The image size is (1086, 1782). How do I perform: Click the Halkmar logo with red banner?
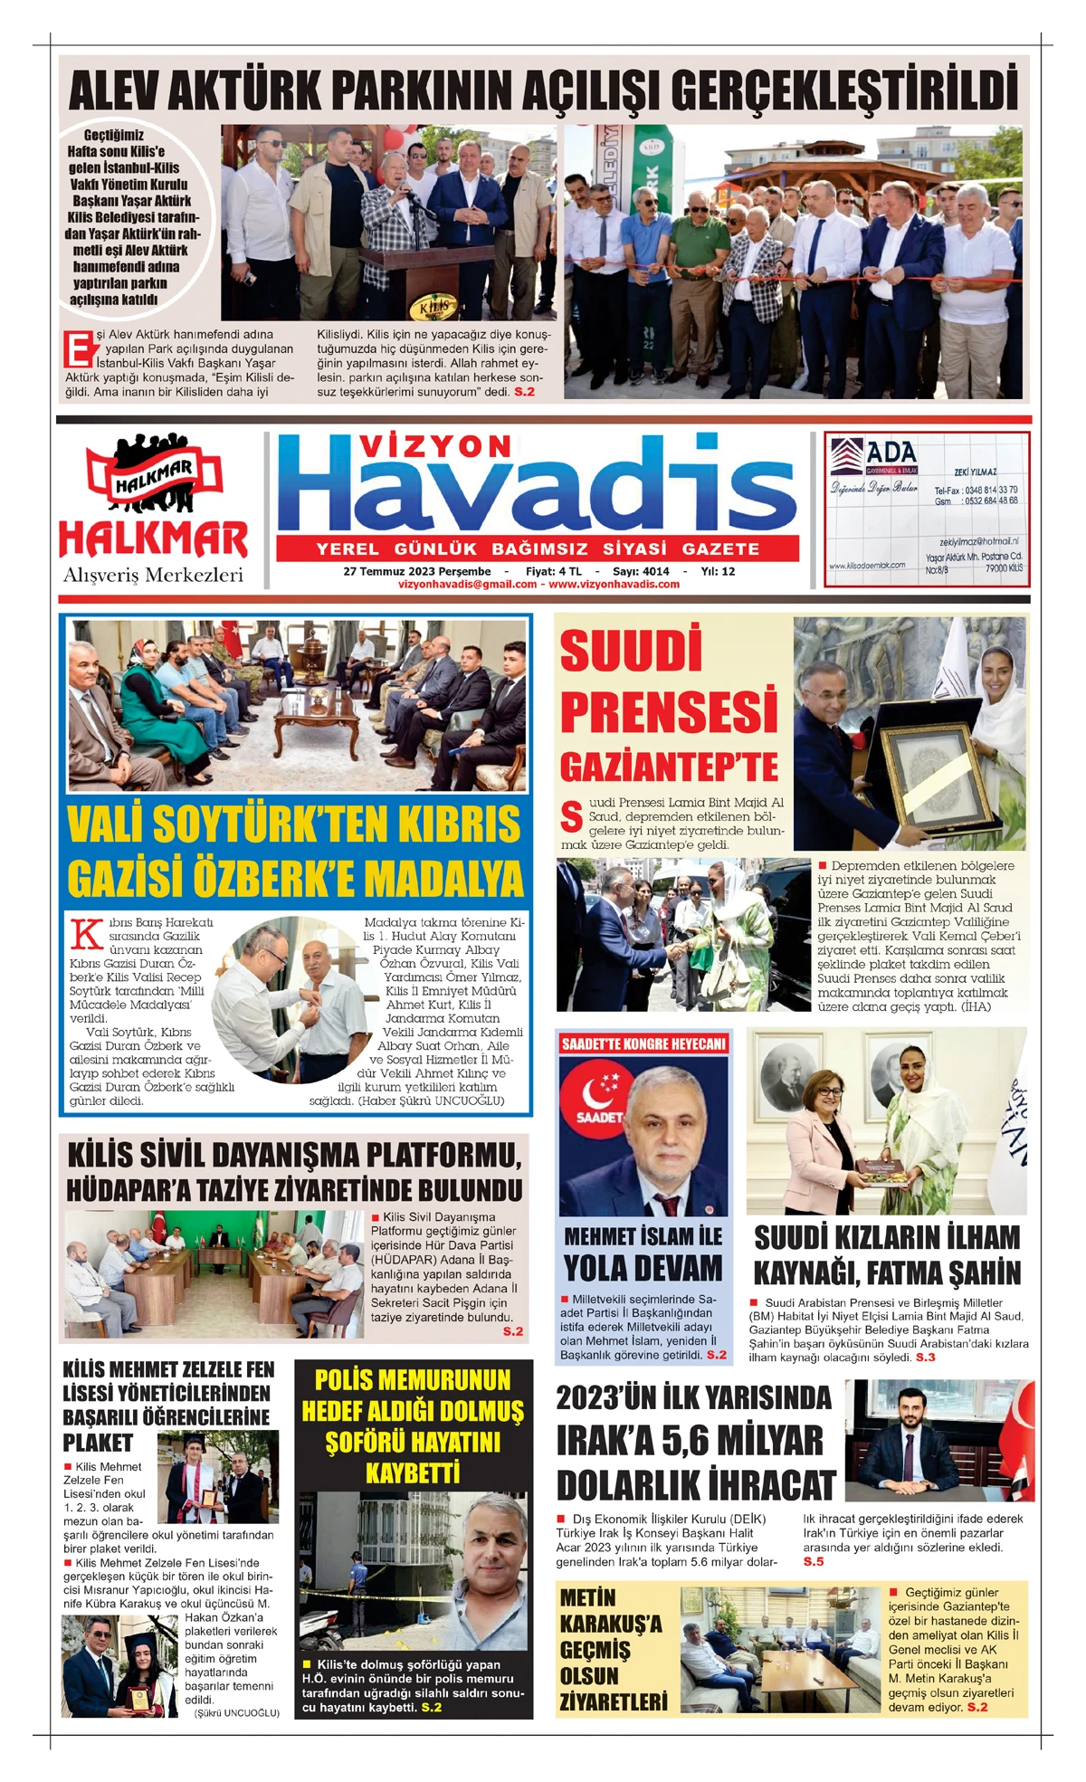pyautogui.click(x=154, y=475)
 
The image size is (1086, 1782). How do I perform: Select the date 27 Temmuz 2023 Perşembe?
pyautogui.click(x=417, y=571)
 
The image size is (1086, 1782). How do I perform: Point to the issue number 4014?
pyautogui.click(x=655, y=571)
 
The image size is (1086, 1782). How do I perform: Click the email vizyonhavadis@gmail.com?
pyautogui.click(x=467, y=585)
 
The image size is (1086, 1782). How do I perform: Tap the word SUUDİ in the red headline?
pyautogui.click(x=631, y=652)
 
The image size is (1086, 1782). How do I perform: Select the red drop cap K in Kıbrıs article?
pyautogui.click(x=86, y=932)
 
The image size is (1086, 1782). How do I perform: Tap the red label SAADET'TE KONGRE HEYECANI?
pyautogui.click(x=643, y=1043)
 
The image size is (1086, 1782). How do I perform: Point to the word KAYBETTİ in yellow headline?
pyautogui.click(x=413, y=1473)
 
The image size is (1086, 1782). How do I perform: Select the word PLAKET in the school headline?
pyautogui.click(x=98, y=1443)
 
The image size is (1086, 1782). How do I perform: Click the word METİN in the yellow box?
pyautogui.click(x=588, y=1597)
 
